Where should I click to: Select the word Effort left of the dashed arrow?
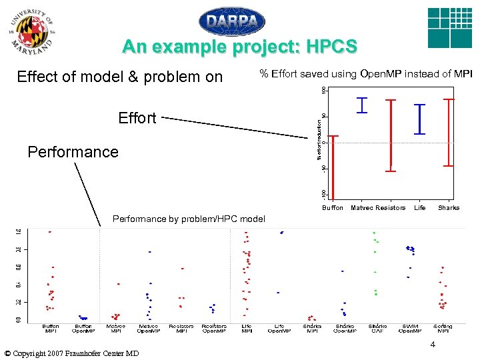[x=137, y=118]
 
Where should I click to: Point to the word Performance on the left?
[x=73, y=152]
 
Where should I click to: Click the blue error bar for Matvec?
[x=362, y=105]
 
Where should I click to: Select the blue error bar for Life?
[x=419, y=119]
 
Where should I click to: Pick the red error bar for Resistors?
[x=391, y=135]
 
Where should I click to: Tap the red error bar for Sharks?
[x=449, y=132]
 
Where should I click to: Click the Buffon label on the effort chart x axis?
[x=333, y=208]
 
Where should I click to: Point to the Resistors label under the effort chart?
[x=391, y=208]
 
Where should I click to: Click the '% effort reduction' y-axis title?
[x=319, y=139]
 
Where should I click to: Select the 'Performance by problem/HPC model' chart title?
[x=189, y=219]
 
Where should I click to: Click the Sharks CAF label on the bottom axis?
[x=377, y=329]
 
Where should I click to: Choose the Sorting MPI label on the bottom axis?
[x=442, y=329]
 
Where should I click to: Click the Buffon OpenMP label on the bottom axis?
[x=83, y=329]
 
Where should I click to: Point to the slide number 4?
[x=433, y=345]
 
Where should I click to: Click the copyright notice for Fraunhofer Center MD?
[x=71, y=353]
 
